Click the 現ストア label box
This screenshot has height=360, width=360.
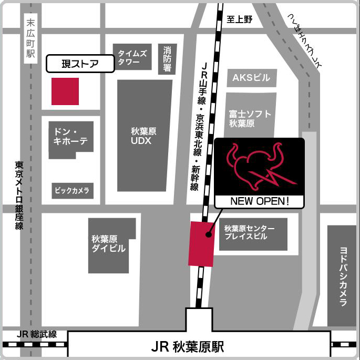80,64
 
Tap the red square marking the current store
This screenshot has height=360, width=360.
65,91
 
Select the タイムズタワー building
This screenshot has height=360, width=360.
132,57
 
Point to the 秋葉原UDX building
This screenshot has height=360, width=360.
144,136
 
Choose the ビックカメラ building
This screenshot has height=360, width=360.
73,190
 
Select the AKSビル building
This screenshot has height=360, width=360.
251,78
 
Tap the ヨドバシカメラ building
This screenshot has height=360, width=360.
342,276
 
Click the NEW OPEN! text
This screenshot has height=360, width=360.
260,201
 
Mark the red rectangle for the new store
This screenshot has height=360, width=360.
201,244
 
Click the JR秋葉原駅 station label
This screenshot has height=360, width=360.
187,347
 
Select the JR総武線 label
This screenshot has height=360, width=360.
36,335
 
